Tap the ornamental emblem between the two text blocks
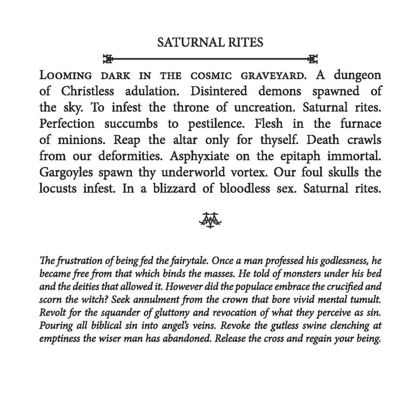tap(211, 220)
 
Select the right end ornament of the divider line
tap(313, 58)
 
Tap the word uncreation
tap(266, 107)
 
